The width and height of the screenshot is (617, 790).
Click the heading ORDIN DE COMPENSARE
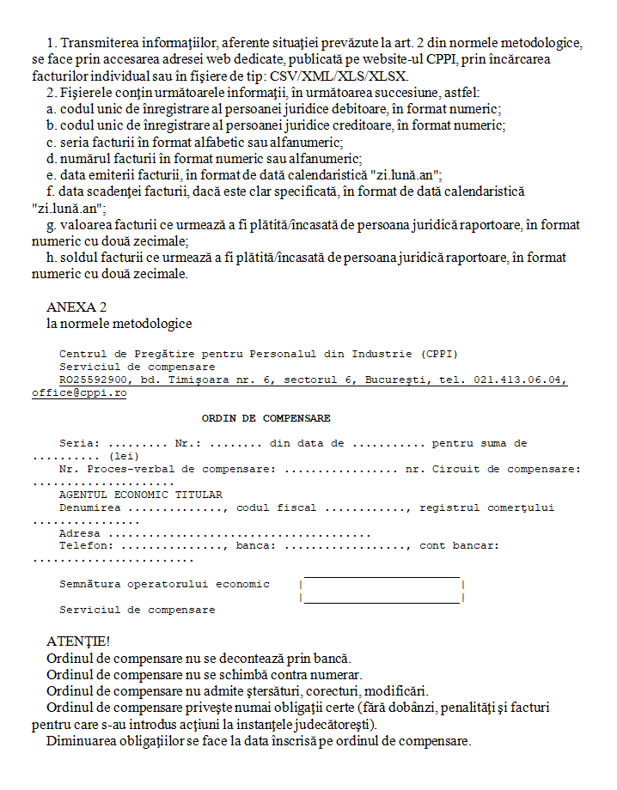pos(266,418)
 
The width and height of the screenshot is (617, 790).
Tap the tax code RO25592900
pos(94,380)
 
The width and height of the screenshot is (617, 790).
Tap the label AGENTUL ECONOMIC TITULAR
pos(140,495)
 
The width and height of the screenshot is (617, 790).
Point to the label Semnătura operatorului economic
pos(164,584)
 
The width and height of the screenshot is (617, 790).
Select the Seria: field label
pos(80,443)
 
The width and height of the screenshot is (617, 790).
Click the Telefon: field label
pos(86,545)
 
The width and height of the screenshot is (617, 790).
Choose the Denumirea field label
pos(89,507)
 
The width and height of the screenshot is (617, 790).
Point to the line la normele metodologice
pos(119,324)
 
